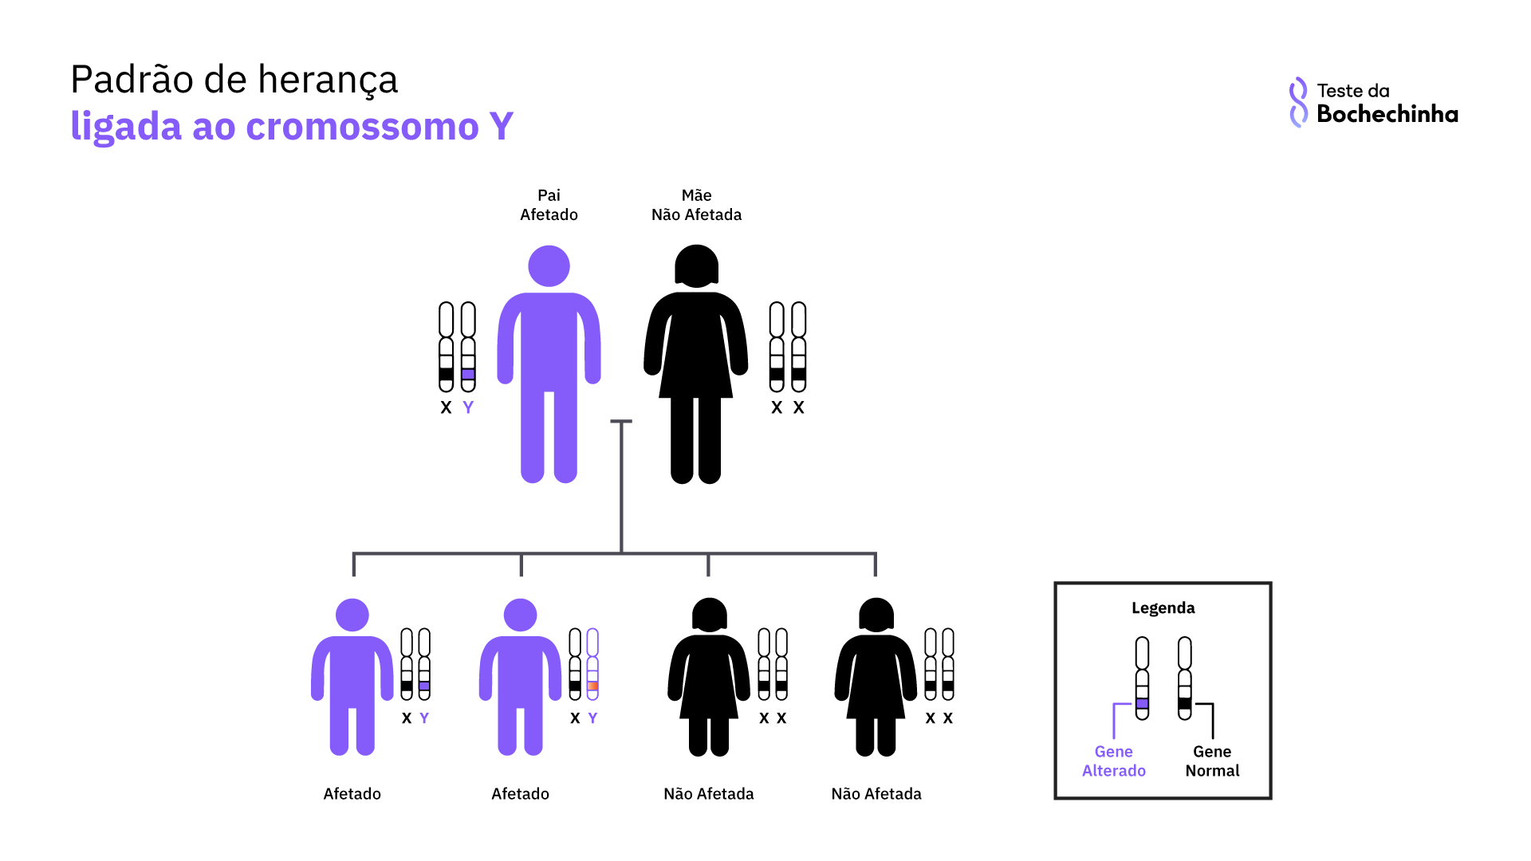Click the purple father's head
coord(549,265)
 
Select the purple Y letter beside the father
coord(468,407)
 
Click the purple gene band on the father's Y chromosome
coord(468,374)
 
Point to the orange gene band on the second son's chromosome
coord(592,686)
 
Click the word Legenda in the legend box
coord(1163,608)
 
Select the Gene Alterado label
coord(1113,761)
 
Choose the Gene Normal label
coord(1212,761)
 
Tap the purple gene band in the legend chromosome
coord(1142,703)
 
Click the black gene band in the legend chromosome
coord(1185,703)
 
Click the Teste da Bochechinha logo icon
coord(1298,102)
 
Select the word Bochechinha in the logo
coord(1387,114)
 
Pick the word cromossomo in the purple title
coord(362,127)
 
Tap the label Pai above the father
coord(549,195)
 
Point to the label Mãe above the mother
coord(696,195)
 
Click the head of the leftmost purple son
coord(352,615)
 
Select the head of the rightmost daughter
coord(876,615)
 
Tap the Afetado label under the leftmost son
coord(352,794)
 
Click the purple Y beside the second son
coord(592,718)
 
